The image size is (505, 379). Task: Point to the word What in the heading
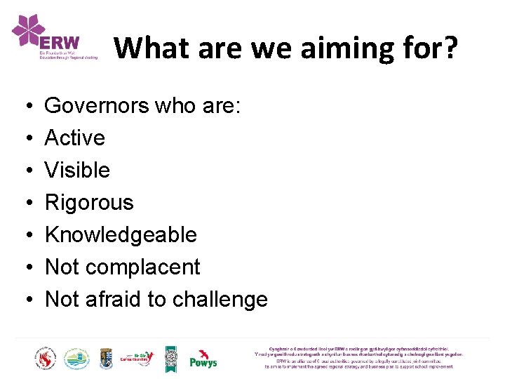pos(151,48)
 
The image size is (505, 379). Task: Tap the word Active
pos(75,138)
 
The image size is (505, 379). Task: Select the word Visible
pos(77,171)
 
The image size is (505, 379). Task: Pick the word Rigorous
pos(89,203)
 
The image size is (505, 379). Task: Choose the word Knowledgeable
pos(121,235)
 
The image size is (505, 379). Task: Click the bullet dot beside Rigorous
pos(25,203)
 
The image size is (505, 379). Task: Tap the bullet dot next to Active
pos(25,138)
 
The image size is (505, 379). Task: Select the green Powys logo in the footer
pos(203,359)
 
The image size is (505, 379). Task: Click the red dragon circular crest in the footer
pos(45,359)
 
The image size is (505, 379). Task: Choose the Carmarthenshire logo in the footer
pos(137,359)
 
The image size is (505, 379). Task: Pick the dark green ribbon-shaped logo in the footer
pos(170,359)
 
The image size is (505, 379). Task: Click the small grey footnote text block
pos(358,357)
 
